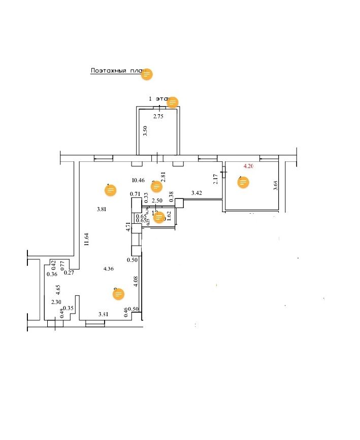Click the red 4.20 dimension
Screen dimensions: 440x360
tap(249, 166)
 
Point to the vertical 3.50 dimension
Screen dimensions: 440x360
tap(145, 131)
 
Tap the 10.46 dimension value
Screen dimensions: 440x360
tap(138, 180)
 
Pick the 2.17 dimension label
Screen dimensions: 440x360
tap(215, 179)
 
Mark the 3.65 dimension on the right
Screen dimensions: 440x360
tap(276, 185)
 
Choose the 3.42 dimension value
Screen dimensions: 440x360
tap(197, 193)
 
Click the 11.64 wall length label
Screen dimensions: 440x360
tap(87, 239)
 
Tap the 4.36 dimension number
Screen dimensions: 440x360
tap(109, 269)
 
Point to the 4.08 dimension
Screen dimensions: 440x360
tap(136, 282)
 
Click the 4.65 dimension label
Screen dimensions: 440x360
tap(59, 290)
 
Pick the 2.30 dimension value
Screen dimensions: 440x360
tap(56, 302)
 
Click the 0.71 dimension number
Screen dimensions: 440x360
tap(135, 194)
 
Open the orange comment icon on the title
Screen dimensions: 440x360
tap(147, 74)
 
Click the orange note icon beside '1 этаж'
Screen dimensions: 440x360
tap(173, 102)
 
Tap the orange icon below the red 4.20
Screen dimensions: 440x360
tap(244, 183)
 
